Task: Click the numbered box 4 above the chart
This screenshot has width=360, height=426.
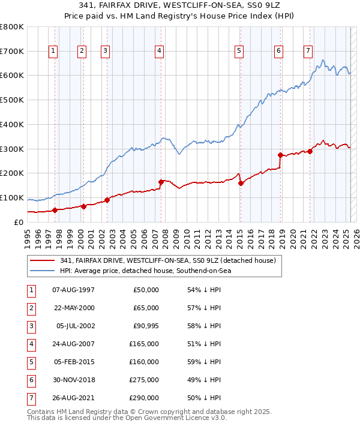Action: coord(159,52)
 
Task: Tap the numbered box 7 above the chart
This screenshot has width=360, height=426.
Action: coord(308,52)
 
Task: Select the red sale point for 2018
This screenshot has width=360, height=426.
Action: coord(280,155)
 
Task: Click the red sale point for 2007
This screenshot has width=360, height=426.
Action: coord(161,182)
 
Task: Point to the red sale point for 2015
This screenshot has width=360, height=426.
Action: coord(241,183)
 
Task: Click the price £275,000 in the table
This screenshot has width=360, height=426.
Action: coord(145,380)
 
